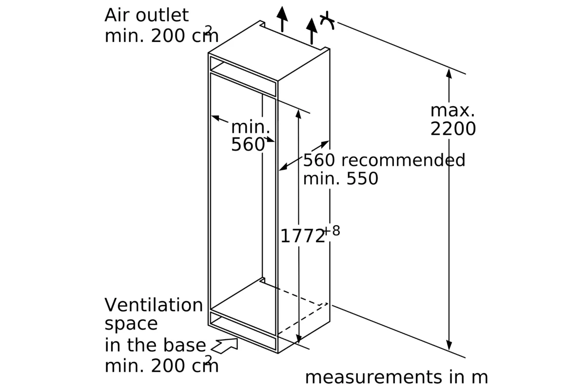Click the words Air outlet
[x=146, y=15]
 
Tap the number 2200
[x=453, y=129]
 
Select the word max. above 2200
[x=452, y=111]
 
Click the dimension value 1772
[x=302, y=236]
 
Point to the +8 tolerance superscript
[x=331, y=231]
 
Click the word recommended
[x=403, y=160]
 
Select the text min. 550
[x=341, y=179]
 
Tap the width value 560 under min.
[x=248, y=144]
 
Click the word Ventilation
[x=154, y=305]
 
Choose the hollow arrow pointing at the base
[x=225, y=345]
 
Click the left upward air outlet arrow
[x=282, y=19]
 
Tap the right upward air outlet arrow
[x=312, y=31]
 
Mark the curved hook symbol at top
[x=328, y=20]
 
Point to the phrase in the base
[x=156, y=345]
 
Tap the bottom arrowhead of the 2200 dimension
[x=449, y=346]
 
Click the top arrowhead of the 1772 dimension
[x=298, y=114]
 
